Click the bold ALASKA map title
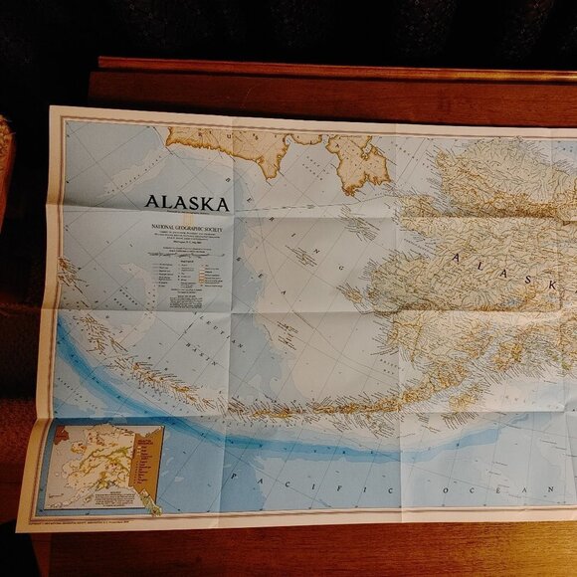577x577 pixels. click(186, 203)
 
